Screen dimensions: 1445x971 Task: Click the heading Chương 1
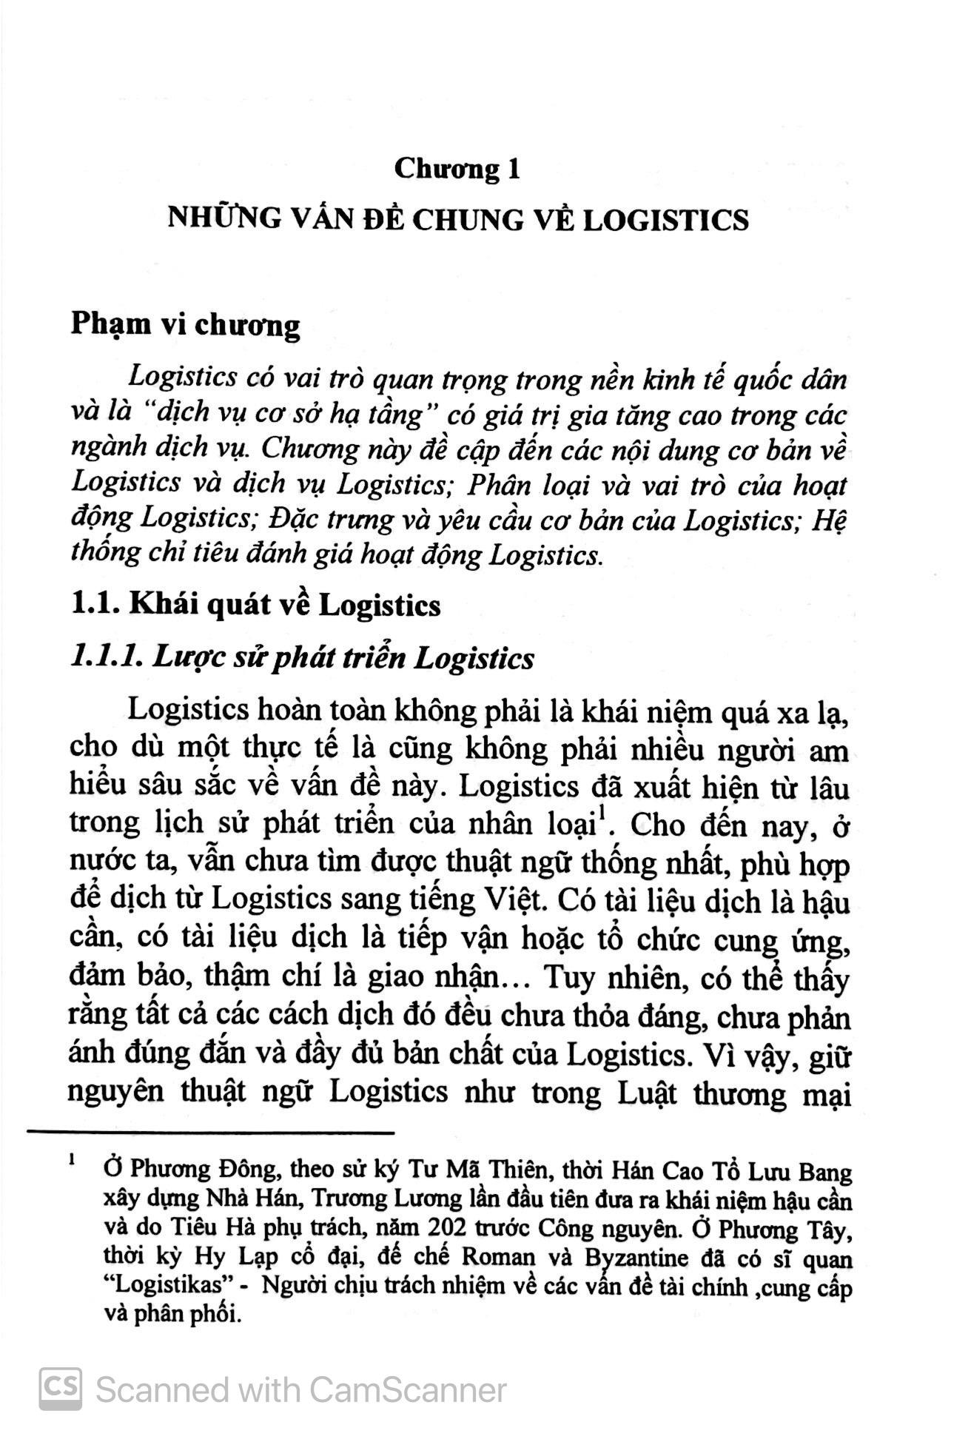coord(457,170)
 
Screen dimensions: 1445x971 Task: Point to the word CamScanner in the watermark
coord(409,1389)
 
